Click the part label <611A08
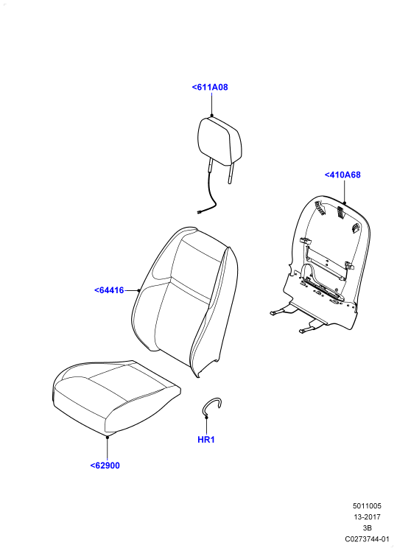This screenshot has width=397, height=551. [x=210, y=87]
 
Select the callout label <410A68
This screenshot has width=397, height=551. [x=342, y=175]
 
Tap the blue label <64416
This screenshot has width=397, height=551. [x=109, y=290]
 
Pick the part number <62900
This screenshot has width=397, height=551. [x=105, y=466]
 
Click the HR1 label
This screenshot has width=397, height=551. [x=206, y=440]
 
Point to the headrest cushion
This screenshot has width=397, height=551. [x=219, y=141]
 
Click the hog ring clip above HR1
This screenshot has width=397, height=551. [x=211, y=404]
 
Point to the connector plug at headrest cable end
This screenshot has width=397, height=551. [x=200, y=212]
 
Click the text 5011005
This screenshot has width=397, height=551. [x=367, y=506]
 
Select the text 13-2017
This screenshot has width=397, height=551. [x=367, y=517]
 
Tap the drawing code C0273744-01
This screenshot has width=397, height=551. [x=367, y=539]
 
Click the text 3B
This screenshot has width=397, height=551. [x=367, y=528]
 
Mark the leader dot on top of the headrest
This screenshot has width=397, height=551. [x=212, y=116]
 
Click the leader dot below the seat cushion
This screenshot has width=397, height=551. [x=107, y=436]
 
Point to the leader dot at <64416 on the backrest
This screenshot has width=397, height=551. [x=139, y=291]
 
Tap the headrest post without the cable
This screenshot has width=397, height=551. [x=231, y=174]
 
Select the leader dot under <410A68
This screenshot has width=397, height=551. [x=345, y=203]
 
